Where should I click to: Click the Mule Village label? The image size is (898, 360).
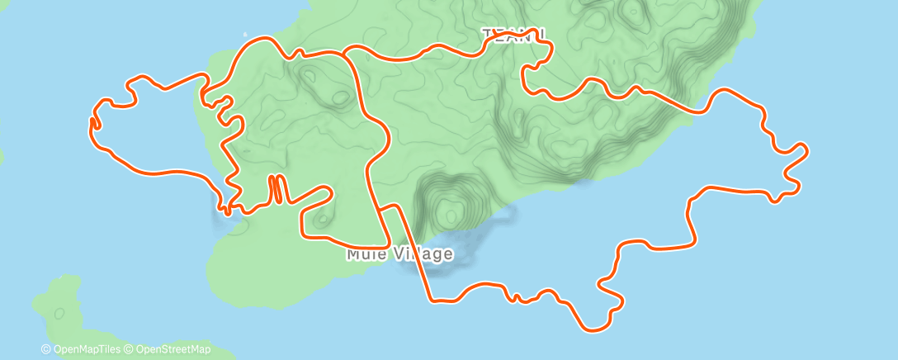pyautogui.click(x=399, y=253)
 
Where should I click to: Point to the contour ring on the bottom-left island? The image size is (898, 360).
pyautogui.click(x=59, y=313)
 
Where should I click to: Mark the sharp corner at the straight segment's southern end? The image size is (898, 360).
pyautogui.click(x=430, y=299)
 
